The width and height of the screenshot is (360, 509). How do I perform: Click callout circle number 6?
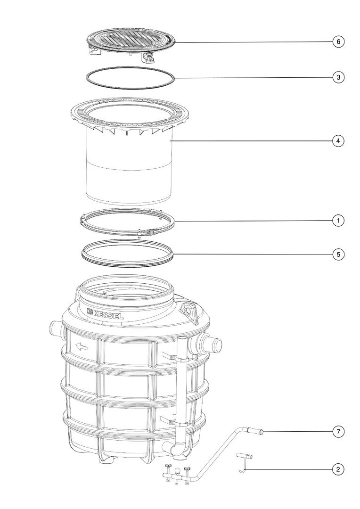click(338, 41)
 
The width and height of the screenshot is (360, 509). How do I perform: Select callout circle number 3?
click(338, 77)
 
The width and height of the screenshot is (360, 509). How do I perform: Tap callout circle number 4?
click(338, 141)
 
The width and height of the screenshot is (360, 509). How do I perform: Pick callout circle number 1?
click(338, 221)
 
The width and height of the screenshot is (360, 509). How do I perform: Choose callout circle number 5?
click(338, 254)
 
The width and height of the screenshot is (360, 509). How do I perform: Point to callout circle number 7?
click(338, 432)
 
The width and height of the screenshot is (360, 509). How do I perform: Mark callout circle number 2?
click(338, 469)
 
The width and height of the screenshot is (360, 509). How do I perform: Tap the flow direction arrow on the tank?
click(82, 347)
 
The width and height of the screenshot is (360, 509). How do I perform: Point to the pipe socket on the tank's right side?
click(208, 343)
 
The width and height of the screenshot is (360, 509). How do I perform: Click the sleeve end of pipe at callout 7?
click(255, 431)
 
